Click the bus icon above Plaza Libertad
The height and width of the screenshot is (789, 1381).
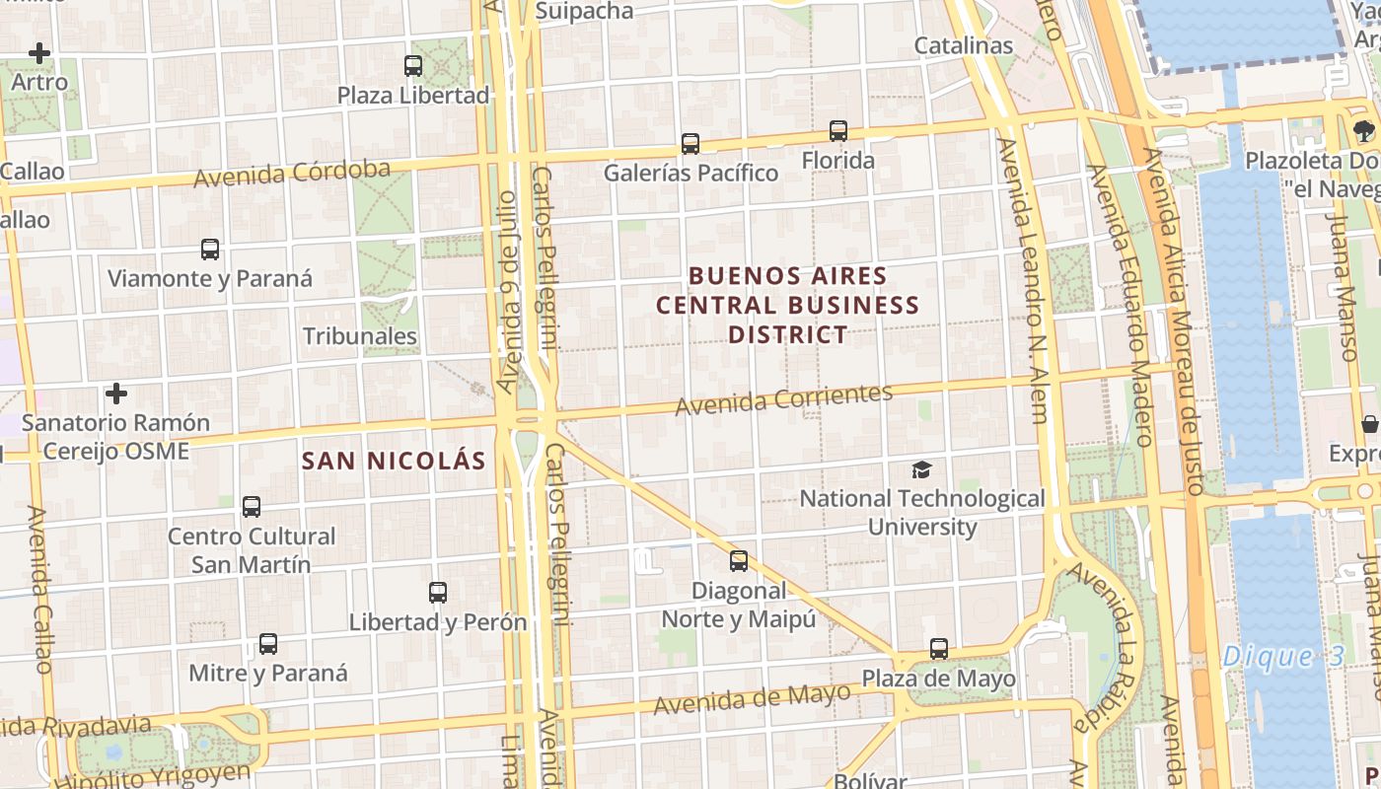click(413, 66)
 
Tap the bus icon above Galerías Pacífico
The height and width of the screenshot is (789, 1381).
click(690, 144)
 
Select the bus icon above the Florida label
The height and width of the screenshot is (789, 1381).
click(838, 130)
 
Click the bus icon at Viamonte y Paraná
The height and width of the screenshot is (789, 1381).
click(210, 250)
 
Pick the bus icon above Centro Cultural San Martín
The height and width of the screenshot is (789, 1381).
click(252, 507)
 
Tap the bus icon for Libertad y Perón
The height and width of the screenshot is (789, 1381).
click(438, 593)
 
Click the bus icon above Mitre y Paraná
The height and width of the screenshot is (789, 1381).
click(268, 644)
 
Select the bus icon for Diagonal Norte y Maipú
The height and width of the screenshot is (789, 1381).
click(739, 561)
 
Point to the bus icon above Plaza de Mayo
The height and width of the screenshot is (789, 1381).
click(939, 649)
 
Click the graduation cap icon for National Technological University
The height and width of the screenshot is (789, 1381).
click(921, 469)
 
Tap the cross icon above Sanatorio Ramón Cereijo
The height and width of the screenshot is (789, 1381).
click(116, 394)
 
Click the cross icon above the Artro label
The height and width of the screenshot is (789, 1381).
click(39, 53)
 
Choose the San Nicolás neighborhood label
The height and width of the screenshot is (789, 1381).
click(394, 461)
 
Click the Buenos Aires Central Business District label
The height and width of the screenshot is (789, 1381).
click(788, 305)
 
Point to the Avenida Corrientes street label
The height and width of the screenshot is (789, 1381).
click(783, 399)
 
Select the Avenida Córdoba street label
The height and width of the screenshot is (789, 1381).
click(292, 174)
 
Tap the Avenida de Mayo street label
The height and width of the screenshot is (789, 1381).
click(752, 698)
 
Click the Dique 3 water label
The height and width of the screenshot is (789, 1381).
click(1282, 657)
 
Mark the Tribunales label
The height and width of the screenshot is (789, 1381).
click(360, 336)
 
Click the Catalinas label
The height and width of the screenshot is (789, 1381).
click(964, 45)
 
